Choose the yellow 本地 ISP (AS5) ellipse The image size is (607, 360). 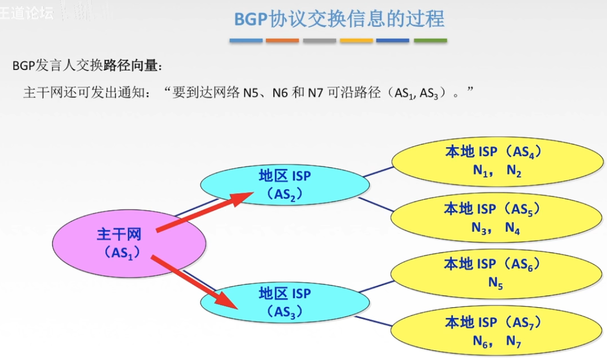(496, 218)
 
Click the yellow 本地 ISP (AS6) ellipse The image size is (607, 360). (496, 273)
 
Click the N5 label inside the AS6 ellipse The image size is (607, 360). (496, 282)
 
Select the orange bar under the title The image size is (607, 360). (282, 40)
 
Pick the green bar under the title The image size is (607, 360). (430, 40)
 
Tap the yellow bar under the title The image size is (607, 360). (356, 40)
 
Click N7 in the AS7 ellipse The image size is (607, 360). (513, 341)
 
